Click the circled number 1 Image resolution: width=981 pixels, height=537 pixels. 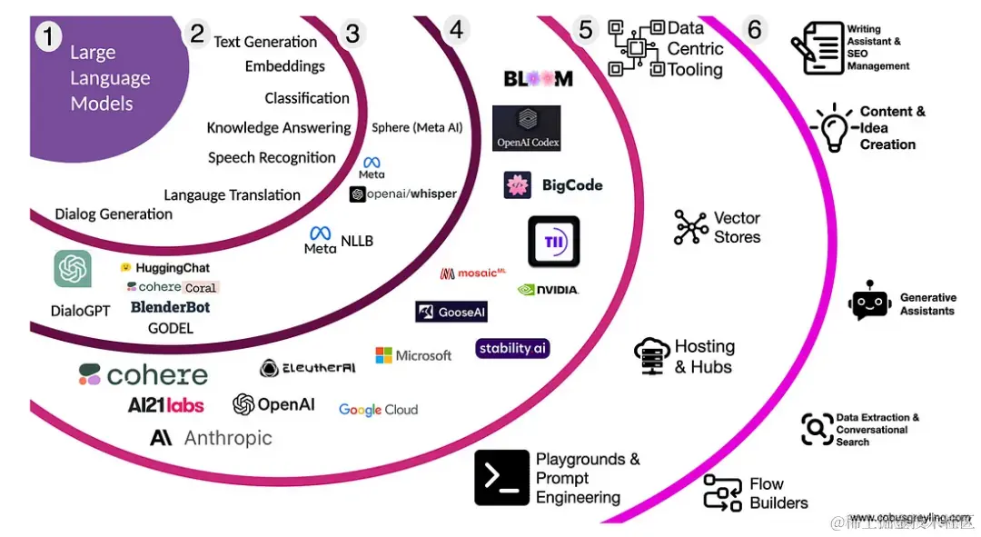coord(48,37)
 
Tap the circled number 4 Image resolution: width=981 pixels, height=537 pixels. coord(456,30)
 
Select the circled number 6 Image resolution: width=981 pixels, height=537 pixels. coord(754,29)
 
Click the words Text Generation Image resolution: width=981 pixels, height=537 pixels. coord(265,42)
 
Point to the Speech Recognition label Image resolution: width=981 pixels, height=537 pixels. coord(272,158)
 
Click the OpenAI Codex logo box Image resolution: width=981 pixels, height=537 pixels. coord(527,128)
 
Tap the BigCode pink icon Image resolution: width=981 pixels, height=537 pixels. coord(518,185)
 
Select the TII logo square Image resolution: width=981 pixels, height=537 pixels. coord(554,242)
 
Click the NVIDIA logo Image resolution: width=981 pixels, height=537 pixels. coord(548,290)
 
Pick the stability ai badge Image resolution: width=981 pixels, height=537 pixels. coord(512,348)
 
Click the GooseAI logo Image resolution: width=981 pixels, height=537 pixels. coord(451,312)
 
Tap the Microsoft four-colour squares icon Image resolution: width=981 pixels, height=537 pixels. coord(384,355)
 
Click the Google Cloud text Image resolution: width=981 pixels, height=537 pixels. coord(378,410)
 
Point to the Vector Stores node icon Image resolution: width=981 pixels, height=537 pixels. coord(691,227)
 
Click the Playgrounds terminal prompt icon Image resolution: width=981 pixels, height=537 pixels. coord(501,477)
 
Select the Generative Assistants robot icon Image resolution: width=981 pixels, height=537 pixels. coord(869,302)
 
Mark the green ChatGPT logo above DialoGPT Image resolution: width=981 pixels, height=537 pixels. coord(73,269)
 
